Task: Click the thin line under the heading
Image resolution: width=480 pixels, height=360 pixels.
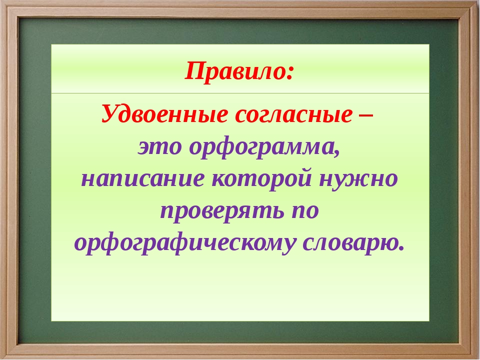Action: (240, 93)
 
